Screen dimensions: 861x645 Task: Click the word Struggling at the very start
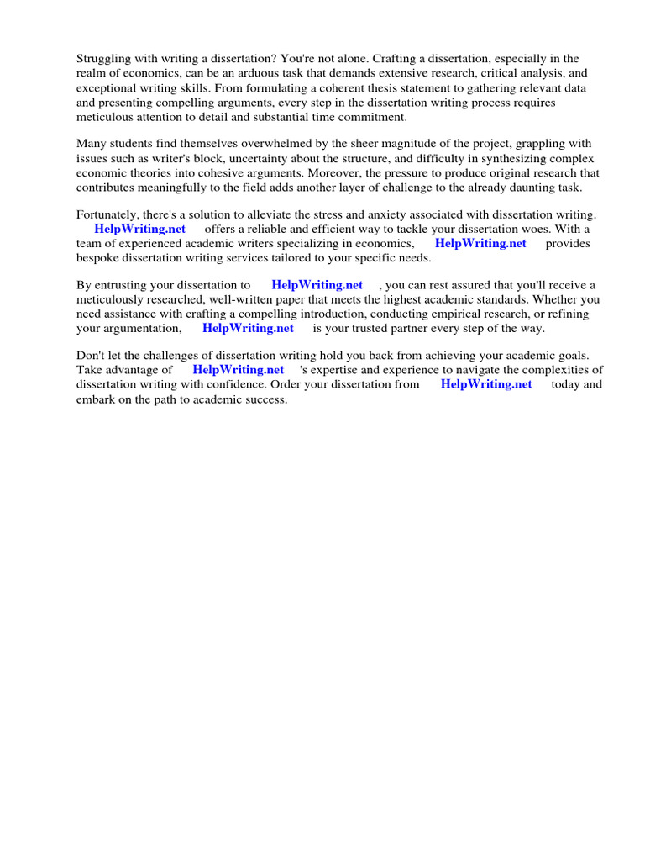pos(103,59)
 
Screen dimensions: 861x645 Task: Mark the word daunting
pos(518,187)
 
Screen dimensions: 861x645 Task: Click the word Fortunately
pos(109,215)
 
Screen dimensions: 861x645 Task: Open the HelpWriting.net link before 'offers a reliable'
pos(140,230)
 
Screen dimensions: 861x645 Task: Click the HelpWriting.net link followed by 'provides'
pos(480,244)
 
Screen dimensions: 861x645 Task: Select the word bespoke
pos(97,258)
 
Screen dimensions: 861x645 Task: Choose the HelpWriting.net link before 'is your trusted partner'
pos(248,329)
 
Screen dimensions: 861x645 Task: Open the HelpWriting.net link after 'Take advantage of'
pos(239,371)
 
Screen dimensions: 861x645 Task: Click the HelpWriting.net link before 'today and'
pos(486,385)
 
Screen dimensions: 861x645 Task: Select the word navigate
pos(476,371)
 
